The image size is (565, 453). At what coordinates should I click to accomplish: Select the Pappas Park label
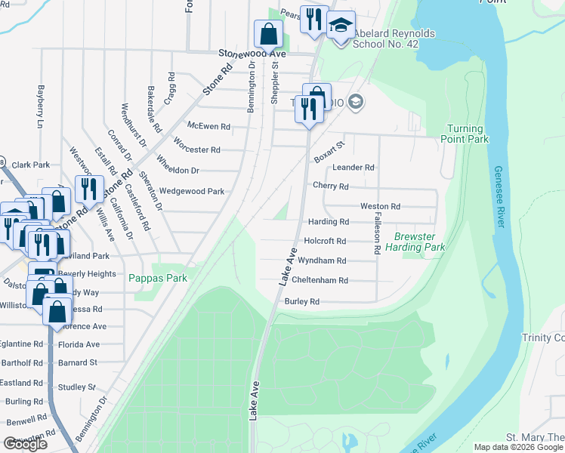[x=157, y=278]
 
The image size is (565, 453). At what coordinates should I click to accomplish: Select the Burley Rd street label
[x=302, y=301]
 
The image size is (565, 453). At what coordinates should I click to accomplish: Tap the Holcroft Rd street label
[x=325, y=241]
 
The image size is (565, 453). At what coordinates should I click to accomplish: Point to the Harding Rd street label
[x=329, y=222]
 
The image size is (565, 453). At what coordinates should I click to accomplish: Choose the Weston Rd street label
[x=380, y=206]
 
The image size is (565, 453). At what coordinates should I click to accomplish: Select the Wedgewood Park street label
[x=192, y=192]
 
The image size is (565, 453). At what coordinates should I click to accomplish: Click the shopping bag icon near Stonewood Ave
[x=268, y=34]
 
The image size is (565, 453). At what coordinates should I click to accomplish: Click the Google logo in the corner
[x=25, y=444]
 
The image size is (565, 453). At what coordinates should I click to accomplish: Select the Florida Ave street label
[x=81, y=344]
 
